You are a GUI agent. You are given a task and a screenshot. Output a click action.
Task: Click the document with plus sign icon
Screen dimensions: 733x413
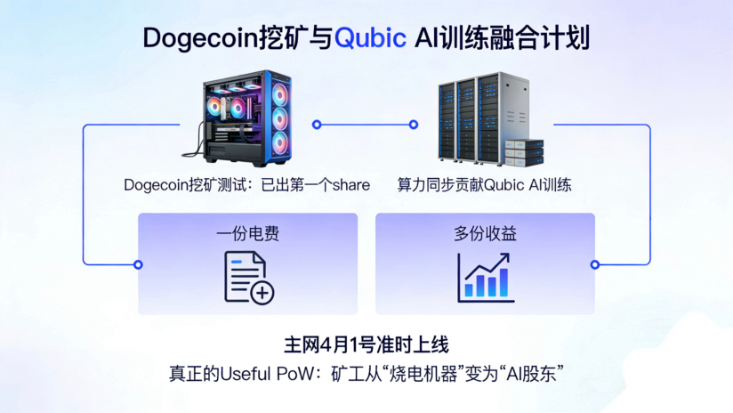point(248,278)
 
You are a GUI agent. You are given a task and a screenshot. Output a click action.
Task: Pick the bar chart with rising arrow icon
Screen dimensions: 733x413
point(485,277)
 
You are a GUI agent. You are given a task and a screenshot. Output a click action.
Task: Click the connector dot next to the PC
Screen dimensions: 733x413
point(316,125)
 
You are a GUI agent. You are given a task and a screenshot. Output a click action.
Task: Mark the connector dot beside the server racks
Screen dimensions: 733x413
point(413,125)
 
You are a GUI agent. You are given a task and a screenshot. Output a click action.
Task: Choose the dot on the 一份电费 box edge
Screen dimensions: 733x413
point(138,264)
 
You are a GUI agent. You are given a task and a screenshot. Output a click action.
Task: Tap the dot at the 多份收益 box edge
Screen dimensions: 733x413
point(595,264)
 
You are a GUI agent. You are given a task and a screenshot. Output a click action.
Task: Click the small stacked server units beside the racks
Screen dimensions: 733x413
point(524,152)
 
